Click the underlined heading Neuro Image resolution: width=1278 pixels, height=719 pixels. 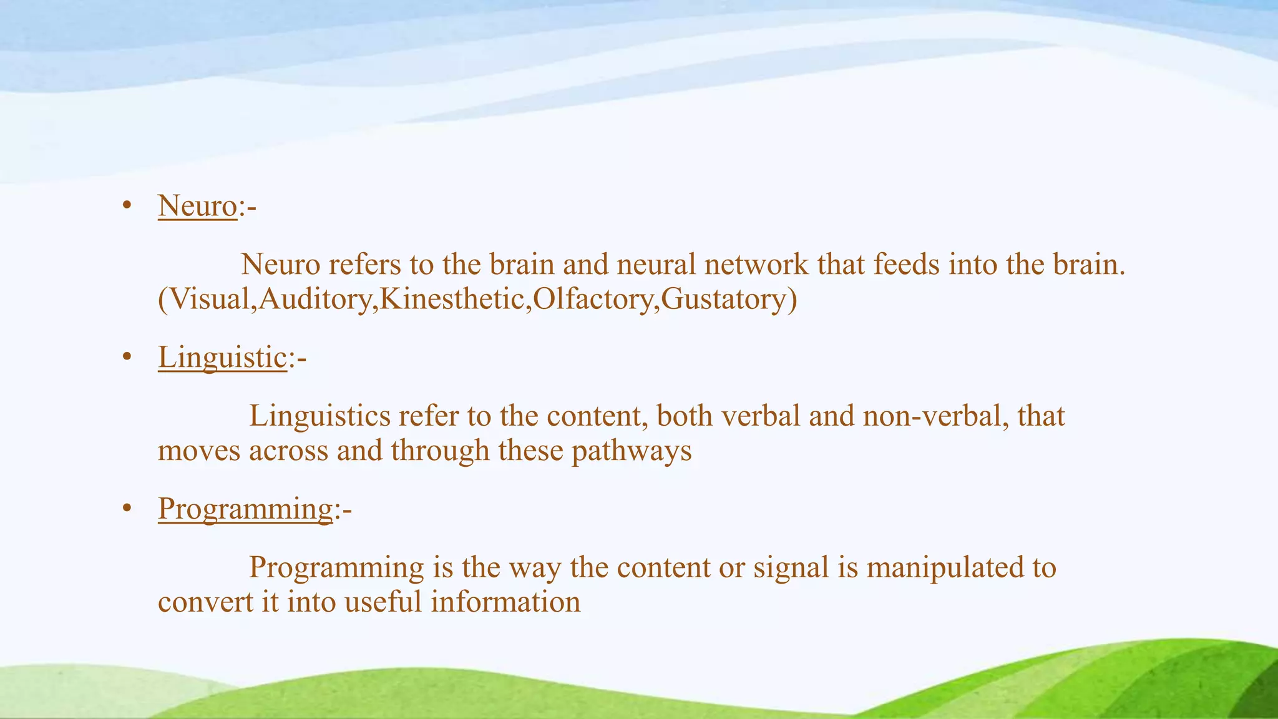point(197,205)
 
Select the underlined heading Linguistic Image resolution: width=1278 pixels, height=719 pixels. point(222,357)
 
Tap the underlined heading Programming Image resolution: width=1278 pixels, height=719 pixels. point(245,509)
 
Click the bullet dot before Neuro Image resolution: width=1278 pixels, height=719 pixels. point(127,205)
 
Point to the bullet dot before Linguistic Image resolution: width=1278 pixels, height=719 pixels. point(127,357)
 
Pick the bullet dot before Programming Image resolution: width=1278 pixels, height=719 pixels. point(127,509)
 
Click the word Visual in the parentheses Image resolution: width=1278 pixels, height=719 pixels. point(209,299)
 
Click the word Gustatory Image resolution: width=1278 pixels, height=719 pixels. point(723,299)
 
